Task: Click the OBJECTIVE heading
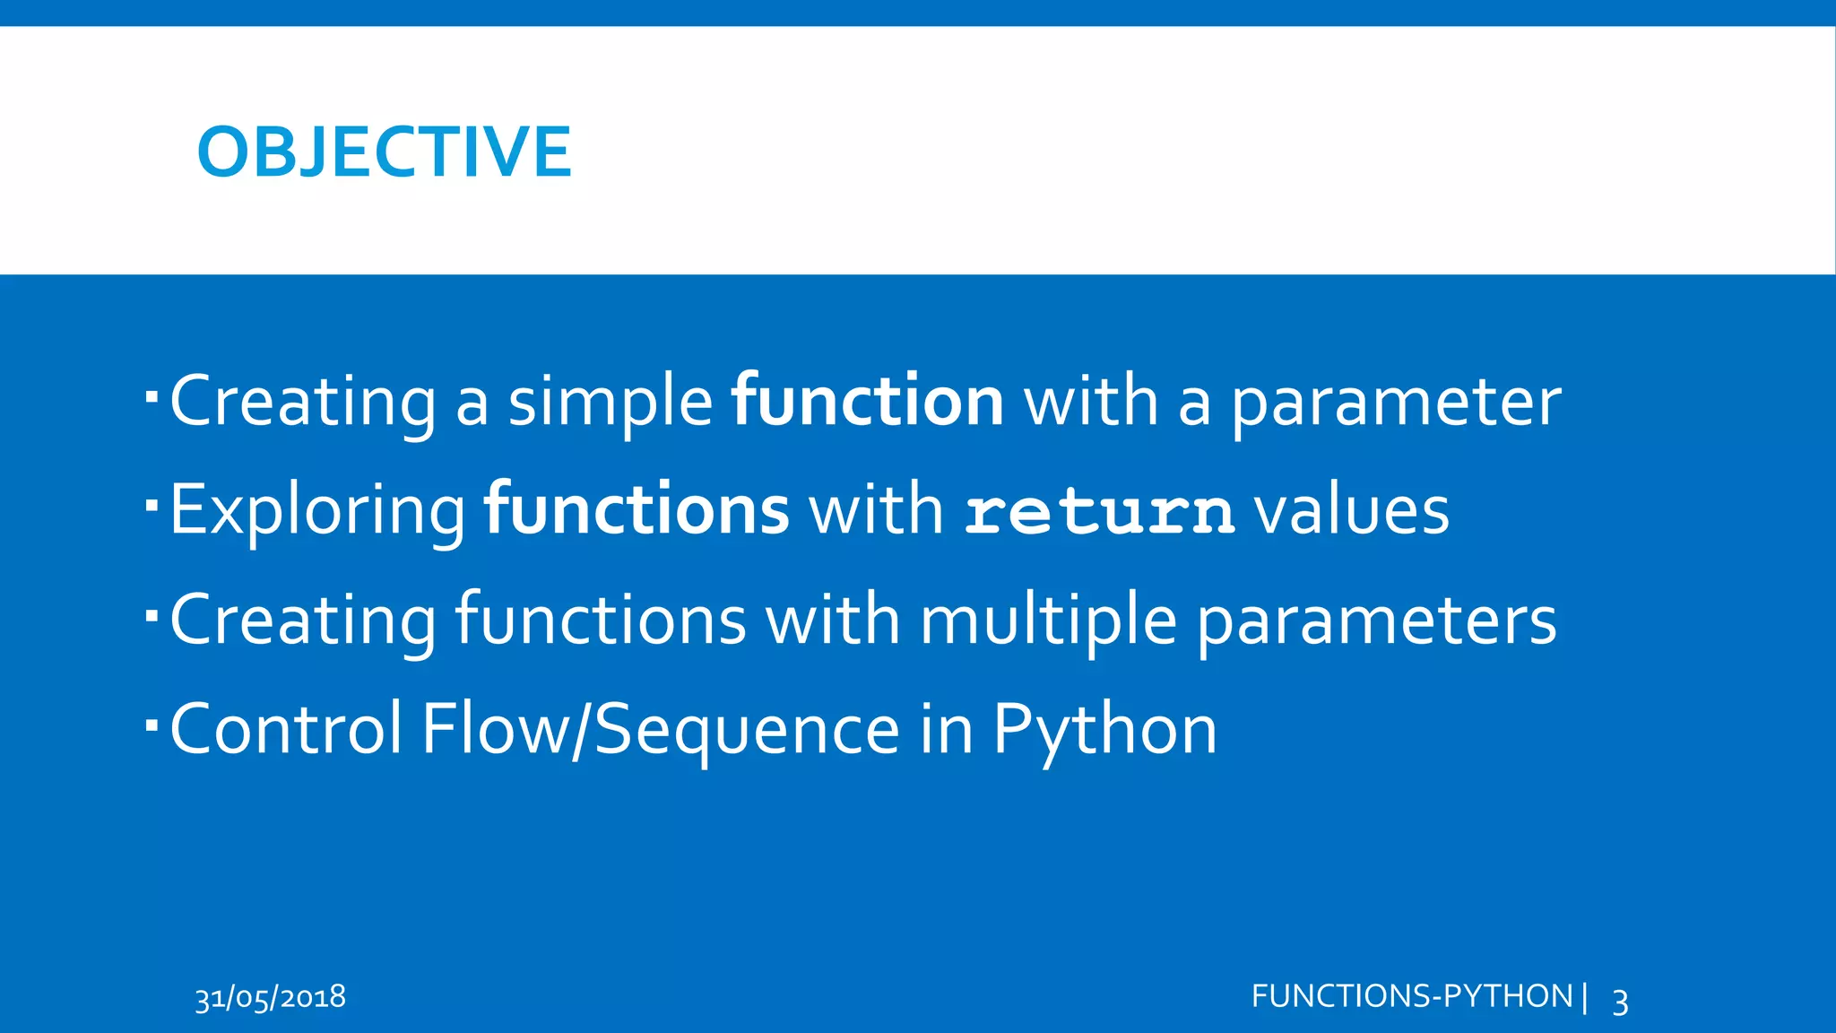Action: coord(384,152)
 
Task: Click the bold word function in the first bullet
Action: coord(867,401)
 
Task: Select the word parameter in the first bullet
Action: coord(1396,403)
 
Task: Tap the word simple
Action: coord(611,403)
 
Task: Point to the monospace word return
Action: coord(1099,511)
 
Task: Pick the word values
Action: coord(1351,510)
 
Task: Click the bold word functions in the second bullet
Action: coord(637,509)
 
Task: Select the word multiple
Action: coord(1048,621)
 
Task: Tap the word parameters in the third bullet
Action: coord(1377,621)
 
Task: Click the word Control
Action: coord(286,728)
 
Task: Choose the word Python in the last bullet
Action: coord(1104,730)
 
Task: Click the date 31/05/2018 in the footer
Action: coord(271,997)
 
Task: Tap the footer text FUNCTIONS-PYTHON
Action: coord(1412,996)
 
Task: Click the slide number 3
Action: coord(1620,1001)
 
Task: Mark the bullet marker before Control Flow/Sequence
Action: coord(151,722)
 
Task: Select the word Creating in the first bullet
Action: coord(303,403)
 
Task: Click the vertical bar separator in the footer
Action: coord(1585,996)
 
